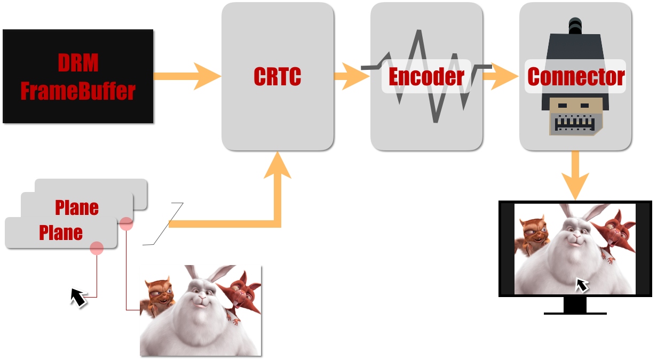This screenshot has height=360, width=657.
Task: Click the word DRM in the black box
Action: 78,63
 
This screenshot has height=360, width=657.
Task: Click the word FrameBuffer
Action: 78,91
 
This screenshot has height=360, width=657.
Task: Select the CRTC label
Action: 278,77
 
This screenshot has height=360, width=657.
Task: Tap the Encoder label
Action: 426,77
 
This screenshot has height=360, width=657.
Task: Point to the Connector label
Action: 576,77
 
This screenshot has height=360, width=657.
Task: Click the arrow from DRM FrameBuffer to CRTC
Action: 187,76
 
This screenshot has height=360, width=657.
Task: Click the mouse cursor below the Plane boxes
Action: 78,297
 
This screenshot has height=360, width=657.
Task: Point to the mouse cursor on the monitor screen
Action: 582,285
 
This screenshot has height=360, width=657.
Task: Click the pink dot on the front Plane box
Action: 97,247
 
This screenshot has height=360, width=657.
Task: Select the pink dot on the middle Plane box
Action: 126,223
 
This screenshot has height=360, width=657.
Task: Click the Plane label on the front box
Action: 61,233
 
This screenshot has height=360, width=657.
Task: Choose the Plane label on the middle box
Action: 77,207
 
